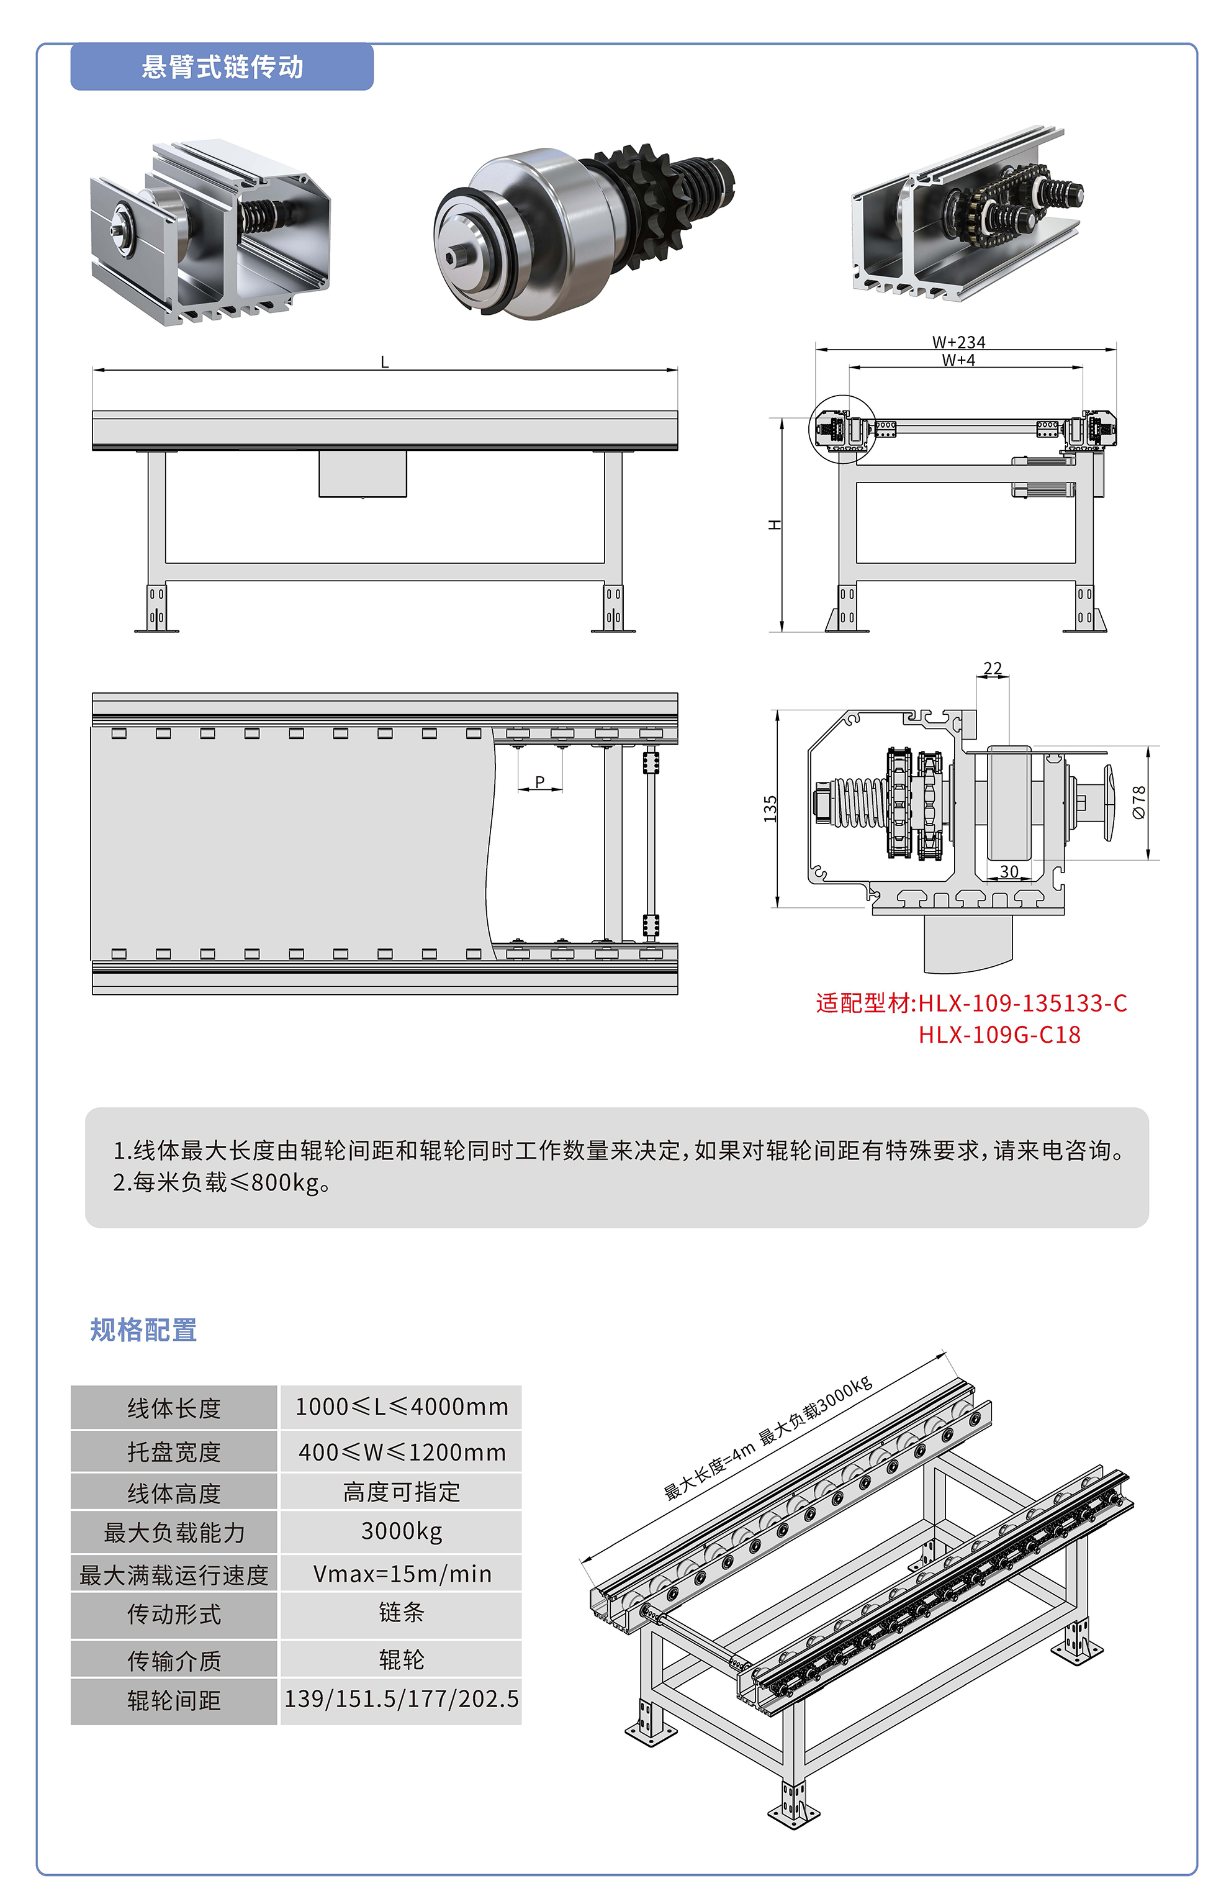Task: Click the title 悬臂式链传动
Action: (x=222, y=66)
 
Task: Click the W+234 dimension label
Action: (x=958, y=342)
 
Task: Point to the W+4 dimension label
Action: (x=958, y=360)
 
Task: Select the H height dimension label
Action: (x=775, y=524)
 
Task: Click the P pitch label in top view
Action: (x=540, y=782)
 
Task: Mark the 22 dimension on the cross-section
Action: (x=992, y=668)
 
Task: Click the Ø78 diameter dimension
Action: (x=1138, y=802)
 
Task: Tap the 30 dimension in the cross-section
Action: (x=1009, y=871)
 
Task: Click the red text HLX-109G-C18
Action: (x=999, y=1035)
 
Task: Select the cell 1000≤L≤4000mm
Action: (x=401, y=1407)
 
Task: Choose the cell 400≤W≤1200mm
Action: (x=401, y=1452)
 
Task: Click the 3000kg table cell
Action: (x=401, y=1531)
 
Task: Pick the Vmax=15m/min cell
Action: (x=401, y=1574)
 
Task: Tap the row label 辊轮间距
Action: (x=174, y=1700)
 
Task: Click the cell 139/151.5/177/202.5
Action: (x=401, y=1698)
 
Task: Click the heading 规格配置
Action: (x=143, y=1330)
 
